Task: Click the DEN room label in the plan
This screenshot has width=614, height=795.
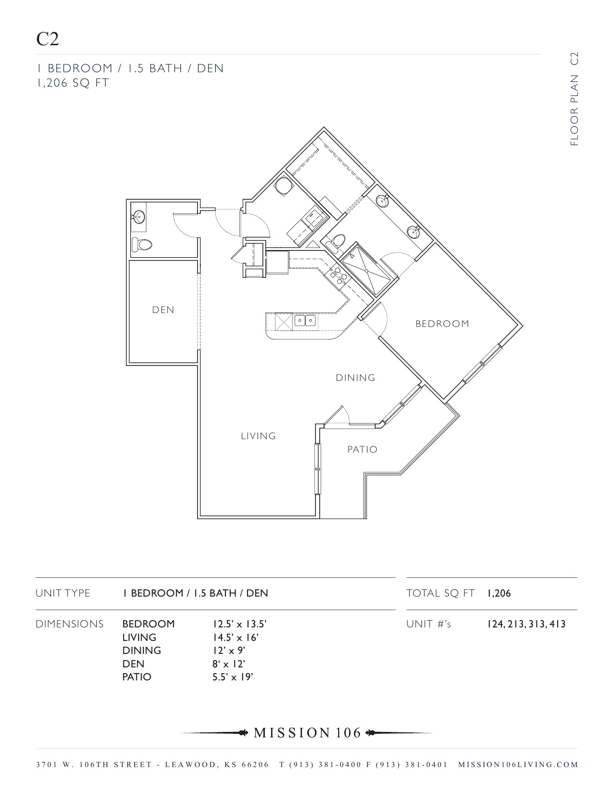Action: tap(163, 310)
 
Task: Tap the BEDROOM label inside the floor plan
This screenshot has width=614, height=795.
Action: tap(442, 324)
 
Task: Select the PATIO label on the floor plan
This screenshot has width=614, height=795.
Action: tap(362, 450)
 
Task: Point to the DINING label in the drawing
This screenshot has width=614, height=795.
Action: tap(355, 378)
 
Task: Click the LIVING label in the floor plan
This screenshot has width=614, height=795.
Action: tap(258, 436)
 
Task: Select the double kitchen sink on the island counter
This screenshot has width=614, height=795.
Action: tap(305, 320)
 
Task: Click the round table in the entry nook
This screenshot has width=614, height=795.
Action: tap(283, 186)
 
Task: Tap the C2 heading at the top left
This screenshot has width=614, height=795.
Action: tap(47, 39)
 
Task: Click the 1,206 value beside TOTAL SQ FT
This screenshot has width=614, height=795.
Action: tap(499, 593)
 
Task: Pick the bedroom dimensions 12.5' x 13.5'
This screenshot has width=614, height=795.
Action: tap(239, 624)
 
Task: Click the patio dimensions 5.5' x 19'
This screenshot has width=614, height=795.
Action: tap(233, 677)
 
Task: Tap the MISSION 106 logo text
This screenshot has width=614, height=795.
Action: tap(307, 733)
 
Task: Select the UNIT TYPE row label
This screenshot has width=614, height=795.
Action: tap(63, 593)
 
